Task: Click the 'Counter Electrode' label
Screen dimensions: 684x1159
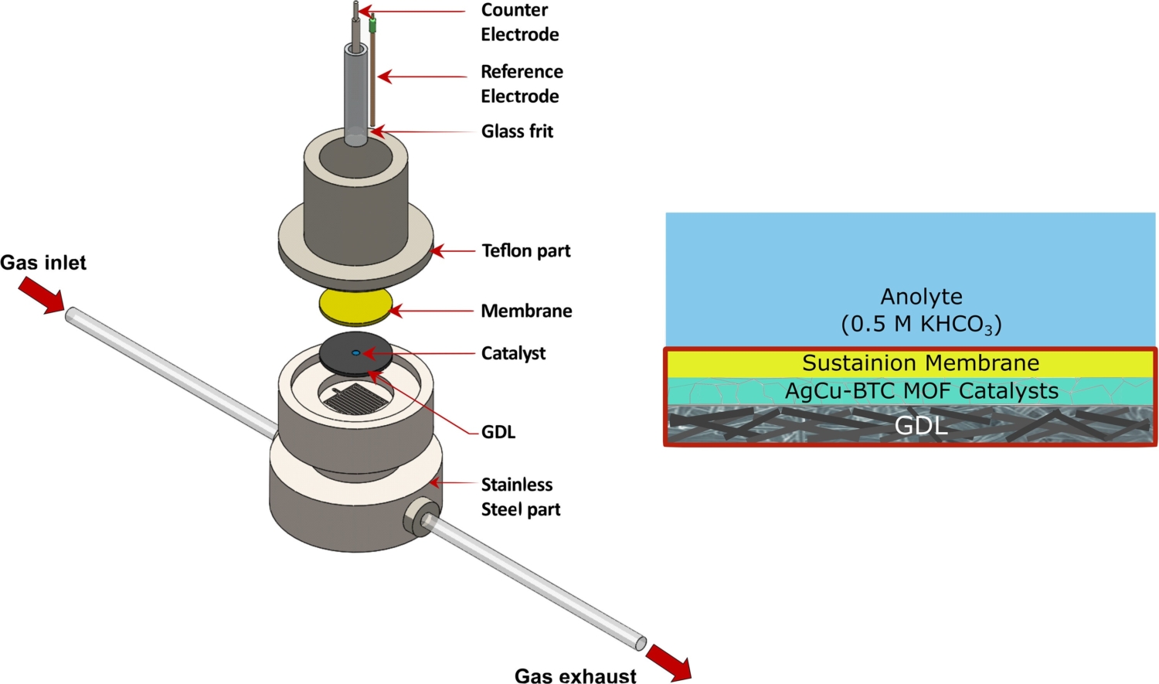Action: (519, 22)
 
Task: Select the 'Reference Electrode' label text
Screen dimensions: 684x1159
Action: (522, 83)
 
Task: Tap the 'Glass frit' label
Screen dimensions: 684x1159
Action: (517, 131)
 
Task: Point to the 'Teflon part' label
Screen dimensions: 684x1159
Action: (525, 251)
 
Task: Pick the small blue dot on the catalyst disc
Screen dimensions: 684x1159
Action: (355, 353)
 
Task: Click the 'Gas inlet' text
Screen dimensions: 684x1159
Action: (43, 263)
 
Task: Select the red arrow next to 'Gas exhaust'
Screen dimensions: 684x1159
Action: (668, 662)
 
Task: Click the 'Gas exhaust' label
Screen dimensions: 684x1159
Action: (575, 676)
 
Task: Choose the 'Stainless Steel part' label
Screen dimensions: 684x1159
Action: (519, 497)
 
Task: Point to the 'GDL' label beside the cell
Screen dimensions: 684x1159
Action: (498, 432)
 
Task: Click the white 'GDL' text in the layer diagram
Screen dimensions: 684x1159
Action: (921, 426)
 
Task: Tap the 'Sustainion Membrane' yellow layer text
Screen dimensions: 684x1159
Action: (920, 363)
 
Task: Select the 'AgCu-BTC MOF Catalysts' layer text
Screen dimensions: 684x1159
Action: (921, 391)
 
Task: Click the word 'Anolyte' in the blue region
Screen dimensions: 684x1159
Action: (921, 297)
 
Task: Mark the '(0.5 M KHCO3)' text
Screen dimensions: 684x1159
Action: (921, 324)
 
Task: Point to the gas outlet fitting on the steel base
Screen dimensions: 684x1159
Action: (422, 518)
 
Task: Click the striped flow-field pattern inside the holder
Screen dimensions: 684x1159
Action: (356, 398)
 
